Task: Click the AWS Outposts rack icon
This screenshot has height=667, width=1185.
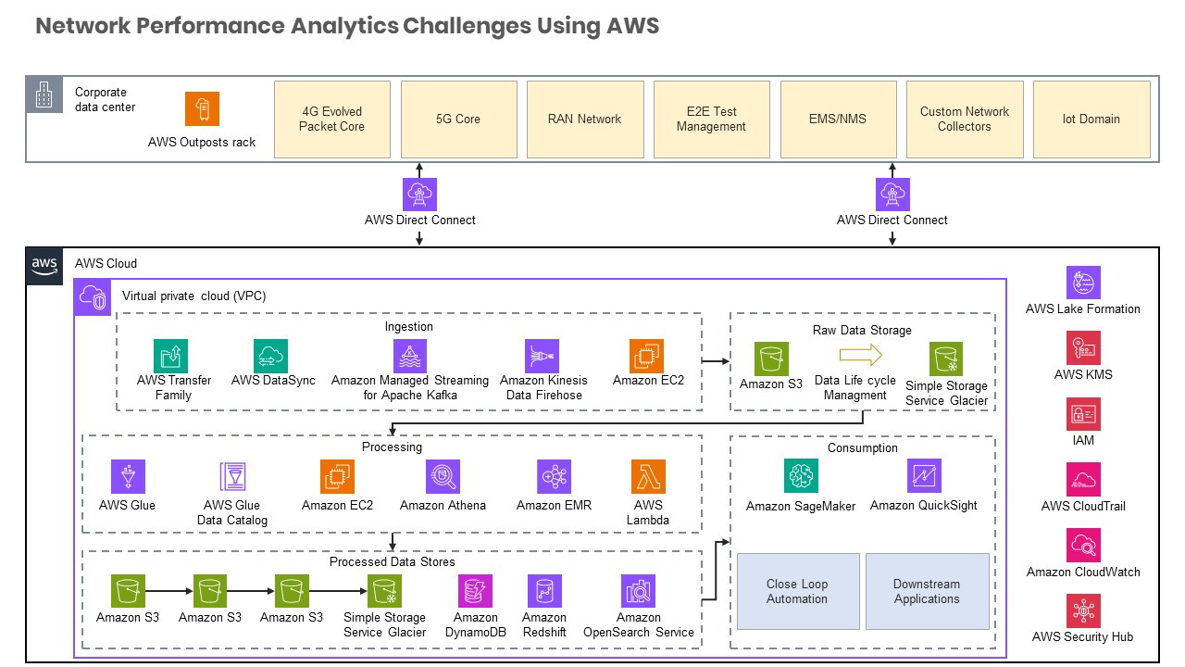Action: point(202,108)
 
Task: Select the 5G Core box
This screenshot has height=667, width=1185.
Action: point(458,119)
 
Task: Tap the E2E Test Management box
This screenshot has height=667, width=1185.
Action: point(711,119)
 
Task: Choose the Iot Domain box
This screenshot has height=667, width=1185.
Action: point(1091,119)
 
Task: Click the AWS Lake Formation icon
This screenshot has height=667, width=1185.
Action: point(1083,283)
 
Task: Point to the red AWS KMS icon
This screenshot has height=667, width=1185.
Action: point(1083,348)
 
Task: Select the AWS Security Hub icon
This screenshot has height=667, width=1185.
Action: point(1083,610)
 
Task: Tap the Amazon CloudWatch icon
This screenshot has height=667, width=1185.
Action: point(1083,545)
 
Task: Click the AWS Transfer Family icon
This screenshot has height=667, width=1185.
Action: point(171,356)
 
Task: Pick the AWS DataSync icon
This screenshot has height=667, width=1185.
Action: point(271,356)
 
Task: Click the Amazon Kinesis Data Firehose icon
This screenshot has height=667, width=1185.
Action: point(542,356)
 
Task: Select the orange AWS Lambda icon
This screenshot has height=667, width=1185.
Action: point(648,476)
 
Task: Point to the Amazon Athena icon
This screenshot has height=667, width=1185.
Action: point(443,476)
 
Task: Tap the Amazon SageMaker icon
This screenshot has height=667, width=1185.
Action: point(801,476)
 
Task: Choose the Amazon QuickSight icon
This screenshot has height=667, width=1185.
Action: point(924,476)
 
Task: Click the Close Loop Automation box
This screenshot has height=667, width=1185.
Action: point(797,591)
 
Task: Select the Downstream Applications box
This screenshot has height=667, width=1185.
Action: point(927,591)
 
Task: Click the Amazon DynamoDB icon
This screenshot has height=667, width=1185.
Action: point(476,591)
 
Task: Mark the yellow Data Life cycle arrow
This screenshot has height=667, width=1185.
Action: point(862,355)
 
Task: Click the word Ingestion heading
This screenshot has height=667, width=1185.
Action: point(408,327)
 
